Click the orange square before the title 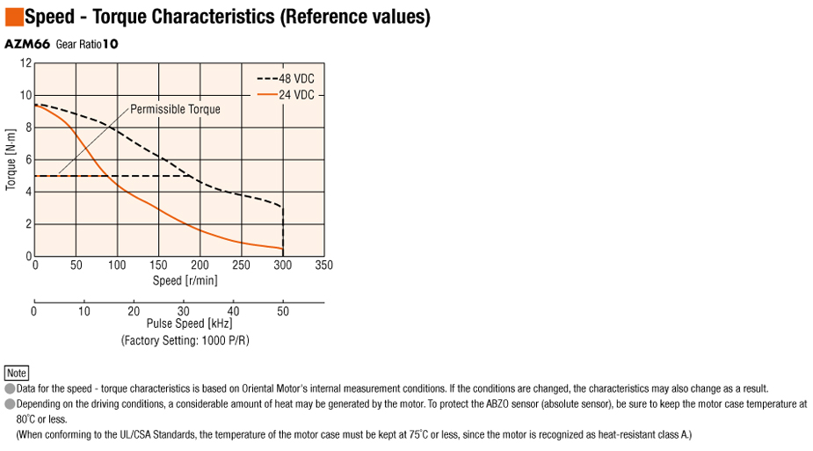pos(13,17)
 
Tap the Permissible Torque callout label pos(175,109)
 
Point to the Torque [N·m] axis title pos(11,161)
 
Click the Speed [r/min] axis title pos(185,280)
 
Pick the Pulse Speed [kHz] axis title pos(189,324)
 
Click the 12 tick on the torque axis pos(26,63)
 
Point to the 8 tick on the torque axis pos(28,127)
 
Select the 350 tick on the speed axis pos(323,266)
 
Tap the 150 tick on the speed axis pos(158,266)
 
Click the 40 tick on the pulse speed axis pos(233,310)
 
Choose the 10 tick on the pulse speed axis pos(83,310)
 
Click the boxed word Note pos(17,373)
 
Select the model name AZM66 pos(27,44)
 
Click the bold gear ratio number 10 pos(110,44)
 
